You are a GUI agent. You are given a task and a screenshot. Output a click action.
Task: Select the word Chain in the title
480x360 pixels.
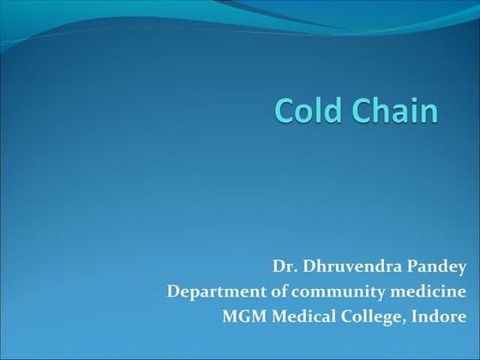pyautogui.click(x=393, y=111)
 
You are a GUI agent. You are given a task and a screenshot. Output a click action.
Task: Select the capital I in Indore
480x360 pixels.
pyautogui.click(x=415, y=316)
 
